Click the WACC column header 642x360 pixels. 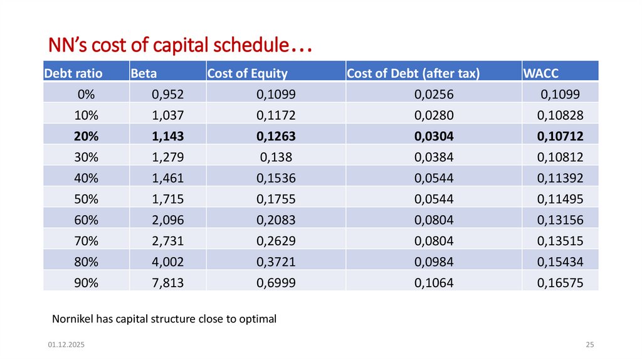[537, 73]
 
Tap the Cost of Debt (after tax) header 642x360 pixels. [413, 73]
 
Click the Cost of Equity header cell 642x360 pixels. [247, 73]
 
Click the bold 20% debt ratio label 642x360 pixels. [86, 136]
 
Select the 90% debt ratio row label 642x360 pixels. [86, 283]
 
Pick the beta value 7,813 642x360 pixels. [168, 283]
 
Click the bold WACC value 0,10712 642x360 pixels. [560, 136]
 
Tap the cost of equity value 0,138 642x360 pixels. [276, 157]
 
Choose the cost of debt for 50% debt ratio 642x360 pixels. [433, 199]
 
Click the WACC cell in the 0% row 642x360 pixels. [560, 95]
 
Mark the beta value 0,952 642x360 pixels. [168, 95]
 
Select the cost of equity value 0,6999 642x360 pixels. [276, 283]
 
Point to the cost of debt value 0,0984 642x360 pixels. [433, 262]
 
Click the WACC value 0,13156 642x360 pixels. [560, 220]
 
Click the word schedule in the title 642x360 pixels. [251, 46]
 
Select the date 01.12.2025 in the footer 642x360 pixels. [66, 346]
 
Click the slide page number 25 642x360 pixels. [589, 346]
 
